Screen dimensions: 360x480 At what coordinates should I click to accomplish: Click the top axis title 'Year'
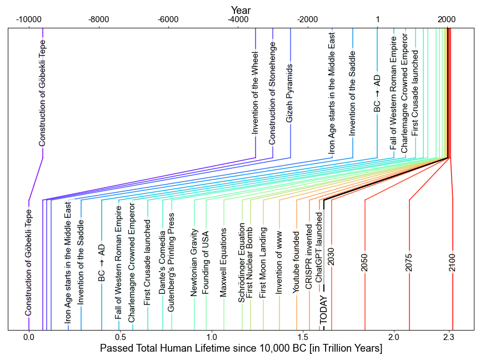(x=241, y=10)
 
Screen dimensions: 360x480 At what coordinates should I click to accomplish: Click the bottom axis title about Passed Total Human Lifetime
(x=241, y=348)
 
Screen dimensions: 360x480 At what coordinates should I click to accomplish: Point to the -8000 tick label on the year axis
(x=98, y=20)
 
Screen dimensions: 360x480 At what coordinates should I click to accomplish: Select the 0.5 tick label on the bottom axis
(x=119, y=337)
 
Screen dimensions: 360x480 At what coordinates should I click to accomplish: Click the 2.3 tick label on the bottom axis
(x=450, y=337)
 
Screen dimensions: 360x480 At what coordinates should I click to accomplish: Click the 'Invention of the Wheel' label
(x=255, y=101)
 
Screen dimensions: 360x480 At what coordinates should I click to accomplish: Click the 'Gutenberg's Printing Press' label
(x=171, y=262)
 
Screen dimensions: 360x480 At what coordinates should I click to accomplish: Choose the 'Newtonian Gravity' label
(x=194, y=262)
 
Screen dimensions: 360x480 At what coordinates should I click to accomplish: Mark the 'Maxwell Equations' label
(x=223, y=262)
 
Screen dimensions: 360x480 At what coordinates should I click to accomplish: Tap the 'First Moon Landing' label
(x=263, y=262)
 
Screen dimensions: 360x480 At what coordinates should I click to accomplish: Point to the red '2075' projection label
(x=409, y=262)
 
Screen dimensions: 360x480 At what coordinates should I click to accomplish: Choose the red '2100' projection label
(x=452, y=262)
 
